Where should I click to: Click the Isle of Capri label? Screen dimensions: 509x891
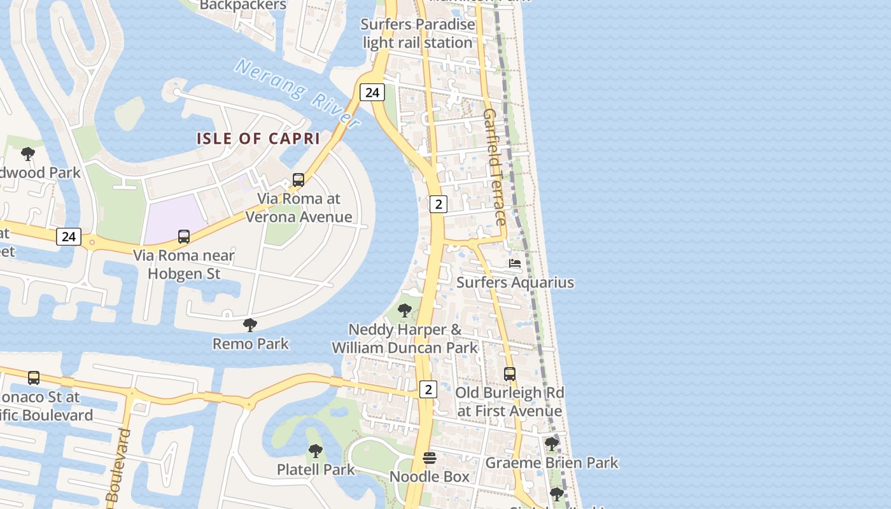pyautogui.click(x=258, y=138)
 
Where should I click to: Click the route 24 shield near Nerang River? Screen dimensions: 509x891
pyautogui.click(x=372, y=92)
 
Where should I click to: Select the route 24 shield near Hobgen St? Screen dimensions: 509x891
pyautogui.click(x=69, y=237)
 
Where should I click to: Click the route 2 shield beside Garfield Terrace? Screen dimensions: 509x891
pyautogui.click(x=438, y=204)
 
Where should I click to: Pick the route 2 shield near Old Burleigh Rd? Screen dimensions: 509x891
pyautogui.click(x=428, y=389)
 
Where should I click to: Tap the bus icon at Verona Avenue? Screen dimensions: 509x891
pyautogui.click(x=298, y=180)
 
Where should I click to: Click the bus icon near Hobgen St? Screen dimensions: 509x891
pyautogui.click(x=184, y=237)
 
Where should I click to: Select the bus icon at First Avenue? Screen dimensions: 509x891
pyautogui.click(x=510, y=374)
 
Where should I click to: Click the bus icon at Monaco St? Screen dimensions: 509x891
pyautogui.click(x=34, y=378)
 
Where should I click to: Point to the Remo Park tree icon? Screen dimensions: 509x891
pyautogui.click(x=250, y=325)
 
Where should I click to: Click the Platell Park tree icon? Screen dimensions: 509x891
pyautogui.click(x=315, y=451)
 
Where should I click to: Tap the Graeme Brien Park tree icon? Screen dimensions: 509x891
pyautogui.click(x=552, y=443)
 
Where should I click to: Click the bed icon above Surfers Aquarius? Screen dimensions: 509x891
pyautogui.click(x=515, y=263)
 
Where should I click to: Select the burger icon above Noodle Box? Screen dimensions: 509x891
pyautogui.click(x=430, y=458)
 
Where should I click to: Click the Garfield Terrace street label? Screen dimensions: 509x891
pyautogui.click(x=495, y=167)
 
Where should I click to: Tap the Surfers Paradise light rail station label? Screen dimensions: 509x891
pyautogui.click(x=418, y=34)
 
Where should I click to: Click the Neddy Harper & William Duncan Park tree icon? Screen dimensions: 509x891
pyautogui.click(x=404, y=310)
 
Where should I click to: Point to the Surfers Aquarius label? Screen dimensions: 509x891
pyautogui.click(x=516, y=282)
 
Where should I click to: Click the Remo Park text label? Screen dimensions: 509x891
pyautogui.click(x=251, y=344)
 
